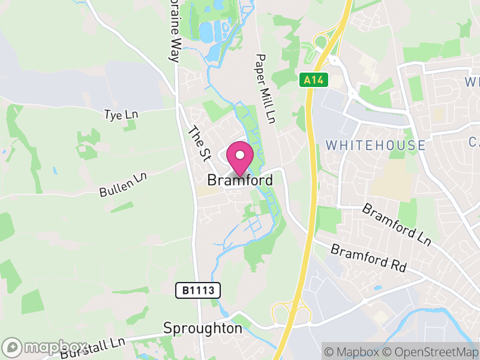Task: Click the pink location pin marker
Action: pyautogui.click(x=240, y=159)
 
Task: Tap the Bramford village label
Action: pyautogui.click(x=240, y=180)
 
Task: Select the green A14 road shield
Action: pyautogui.click(x=309, y=79)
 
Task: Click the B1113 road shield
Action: pyautogui.click(x=199, y=291)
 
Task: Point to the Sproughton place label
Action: pyautogui.click(x=203, y=329)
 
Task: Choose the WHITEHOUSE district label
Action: pyautogui.click(x=376, y=145)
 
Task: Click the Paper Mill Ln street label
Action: pyautogui.click(x=265, y=89)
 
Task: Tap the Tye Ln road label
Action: pyautogui.click(x=121, y=113)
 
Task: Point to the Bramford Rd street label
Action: pyautogui.click(x=368, y=258)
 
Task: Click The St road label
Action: pyautogui.click(x=200, y=143)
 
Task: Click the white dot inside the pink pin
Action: pyautogui.click(x=240, y=155)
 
